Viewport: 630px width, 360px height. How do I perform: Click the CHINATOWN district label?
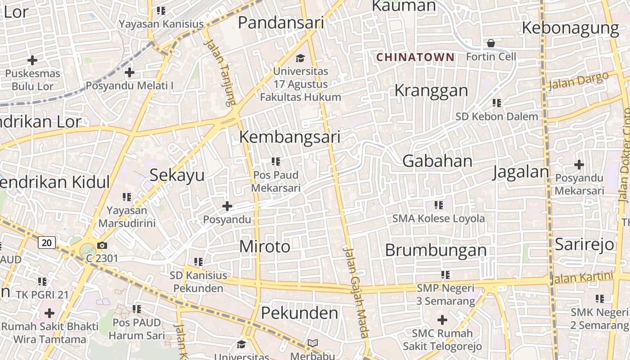pos(415,57)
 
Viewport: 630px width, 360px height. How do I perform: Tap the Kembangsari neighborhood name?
pos(289,137)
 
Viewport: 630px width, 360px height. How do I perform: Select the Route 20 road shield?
pos(46,243)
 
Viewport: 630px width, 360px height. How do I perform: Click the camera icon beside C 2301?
pos(102,245)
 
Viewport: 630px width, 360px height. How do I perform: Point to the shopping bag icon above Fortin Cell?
pos(490,43)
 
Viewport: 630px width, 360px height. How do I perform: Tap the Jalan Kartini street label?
pos(581,278)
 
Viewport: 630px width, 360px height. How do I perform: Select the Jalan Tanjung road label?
pos(220,72)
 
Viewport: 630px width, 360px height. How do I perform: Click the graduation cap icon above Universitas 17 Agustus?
pos(300,58)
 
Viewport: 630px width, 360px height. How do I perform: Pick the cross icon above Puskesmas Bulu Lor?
pos(32,60)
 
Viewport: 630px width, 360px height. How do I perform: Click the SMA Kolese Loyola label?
pos(438,219)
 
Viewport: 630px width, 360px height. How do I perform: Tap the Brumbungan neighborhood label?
pos(436,250)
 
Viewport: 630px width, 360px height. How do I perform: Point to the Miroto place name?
pos(265,247)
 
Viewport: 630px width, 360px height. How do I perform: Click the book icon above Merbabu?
pos(313,343)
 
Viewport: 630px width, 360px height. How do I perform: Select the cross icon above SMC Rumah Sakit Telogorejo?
pos(442,320)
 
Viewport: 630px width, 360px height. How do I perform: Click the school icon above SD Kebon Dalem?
pos(497,103)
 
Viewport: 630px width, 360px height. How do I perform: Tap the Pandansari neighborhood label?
pos(281,22)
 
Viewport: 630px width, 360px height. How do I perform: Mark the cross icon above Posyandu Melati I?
pos(130,72)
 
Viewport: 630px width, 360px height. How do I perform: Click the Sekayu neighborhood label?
pos(177,175)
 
